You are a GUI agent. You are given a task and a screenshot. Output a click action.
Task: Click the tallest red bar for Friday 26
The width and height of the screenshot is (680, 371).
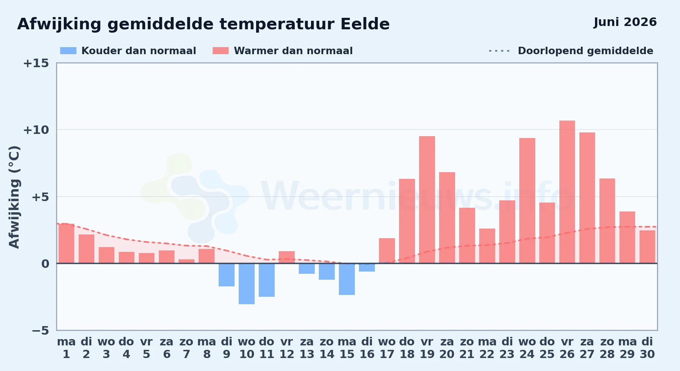click(x=567, y=192)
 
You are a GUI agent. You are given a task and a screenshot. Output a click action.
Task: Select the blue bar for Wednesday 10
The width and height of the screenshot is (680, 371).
click(x=246, y=284)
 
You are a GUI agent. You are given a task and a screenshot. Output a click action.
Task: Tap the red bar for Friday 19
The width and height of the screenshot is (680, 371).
click(x=427, y=200)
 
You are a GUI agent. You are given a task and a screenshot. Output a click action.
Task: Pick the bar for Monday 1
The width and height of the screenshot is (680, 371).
click(x=66, y=243)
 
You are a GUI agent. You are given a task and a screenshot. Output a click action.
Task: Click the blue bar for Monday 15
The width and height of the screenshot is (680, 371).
click(x=347, y=279)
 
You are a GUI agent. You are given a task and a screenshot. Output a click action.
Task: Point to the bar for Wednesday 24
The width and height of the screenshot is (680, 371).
click(x=527, y=201)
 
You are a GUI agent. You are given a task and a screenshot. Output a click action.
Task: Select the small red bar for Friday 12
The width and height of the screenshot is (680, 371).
click(x=287, y=257)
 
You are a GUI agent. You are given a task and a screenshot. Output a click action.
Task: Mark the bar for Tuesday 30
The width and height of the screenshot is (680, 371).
click(x=647, y=247)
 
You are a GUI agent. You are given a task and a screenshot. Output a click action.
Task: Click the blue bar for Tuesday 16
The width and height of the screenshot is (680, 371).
click(x=367, y=267)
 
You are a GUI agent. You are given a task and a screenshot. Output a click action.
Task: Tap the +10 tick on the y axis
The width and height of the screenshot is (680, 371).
click(x=36, y=130)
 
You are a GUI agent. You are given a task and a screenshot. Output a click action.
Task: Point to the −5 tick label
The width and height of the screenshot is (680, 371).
click(x=40, y=331)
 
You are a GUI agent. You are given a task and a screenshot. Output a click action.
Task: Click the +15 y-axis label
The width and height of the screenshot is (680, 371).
click(x=36, y=63)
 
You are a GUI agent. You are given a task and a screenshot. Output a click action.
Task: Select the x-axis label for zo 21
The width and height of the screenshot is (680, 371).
click(x=467, y=348)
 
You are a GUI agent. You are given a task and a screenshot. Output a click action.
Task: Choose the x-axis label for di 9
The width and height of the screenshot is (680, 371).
click(x=226, y=348)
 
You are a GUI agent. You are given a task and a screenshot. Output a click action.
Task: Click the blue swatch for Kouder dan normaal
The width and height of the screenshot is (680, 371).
click(x=68, y=51)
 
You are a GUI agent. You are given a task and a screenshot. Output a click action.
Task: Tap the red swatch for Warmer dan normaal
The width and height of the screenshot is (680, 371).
click(x=220, y=51)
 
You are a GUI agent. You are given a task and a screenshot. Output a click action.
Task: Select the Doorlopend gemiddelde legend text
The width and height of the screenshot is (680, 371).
click(x=585, y=51)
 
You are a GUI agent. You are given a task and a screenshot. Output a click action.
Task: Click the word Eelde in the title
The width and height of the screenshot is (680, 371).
click(x=365, y=24)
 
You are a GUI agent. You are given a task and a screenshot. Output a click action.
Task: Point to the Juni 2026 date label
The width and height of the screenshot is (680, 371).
click(x=625, y=22)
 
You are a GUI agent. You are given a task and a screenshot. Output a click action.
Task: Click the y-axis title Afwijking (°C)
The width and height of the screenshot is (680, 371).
click(x=14, y=197)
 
